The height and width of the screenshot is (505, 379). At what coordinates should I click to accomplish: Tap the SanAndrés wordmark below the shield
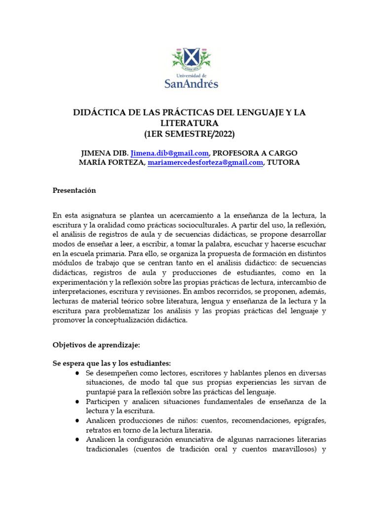click(190, 84)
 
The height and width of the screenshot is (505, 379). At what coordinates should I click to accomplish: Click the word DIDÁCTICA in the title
click(99, 113)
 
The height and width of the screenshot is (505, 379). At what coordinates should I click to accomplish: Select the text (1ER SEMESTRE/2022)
click(189, 134)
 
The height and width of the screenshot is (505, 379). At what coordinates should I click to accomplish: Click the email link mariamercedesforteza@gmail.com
click(205, 163)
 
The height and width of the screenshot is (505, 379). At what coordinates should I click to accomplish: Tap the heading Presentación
click(74, 190)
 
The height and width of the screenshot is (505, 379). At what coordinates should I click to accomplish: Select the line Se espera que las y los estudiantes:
click(112, 363)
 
